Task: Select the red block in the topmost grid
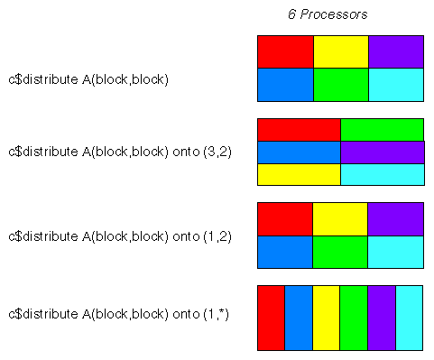pyautogui.click(x=285, y=51)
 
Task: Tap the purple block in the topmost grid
pyautogui.click(x=396, y=51)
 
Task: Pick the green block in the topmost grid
pyautogui.click(x=340, y=84)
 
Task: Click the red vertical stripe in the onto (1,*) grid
pyautogui.click(x=271, y=318)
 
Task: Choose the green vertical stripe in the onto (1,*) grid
pyautogui.click(x=354, y=318)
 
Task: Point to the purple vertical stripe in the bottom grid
pyautogui.click(x=381, y=318)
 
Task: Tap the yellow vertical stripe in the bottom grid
pyautogui.click(x=326, y=318)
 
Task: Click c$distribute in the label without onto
pyautogui.click(x=40, y=79)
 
